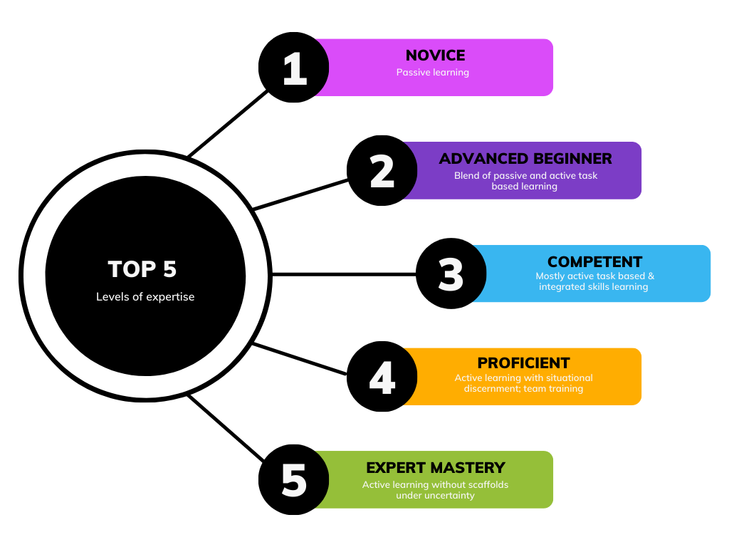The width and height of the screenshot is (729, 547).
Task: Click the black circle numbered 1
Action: click(294, 68)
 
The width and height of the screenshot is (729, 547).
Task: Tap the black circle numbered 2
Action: click(382, 171)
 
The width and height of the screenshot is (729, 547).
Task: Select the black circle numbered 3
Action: click(451, 273)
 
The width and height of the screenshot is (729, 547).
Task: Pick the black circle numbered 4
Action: click(382, 376)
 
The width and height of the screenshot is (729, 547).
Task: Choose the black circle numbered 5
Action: click(294, 479)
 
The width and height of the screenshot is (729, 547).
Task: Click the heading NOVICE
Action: click(435, 56)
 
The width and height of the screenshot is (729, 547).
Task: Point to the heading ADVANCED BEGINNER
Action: click(525, 159)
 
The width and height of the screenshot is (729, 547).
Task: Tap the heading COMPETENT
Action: click(594, 262)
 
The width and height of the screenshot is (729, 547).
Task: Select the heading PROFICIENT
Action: click(523, 363)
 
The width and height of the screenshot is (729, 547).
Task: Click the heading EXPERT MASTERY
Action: click(436, 467)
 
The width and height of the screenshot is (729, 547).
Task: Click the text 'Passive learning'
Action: click(432, 73)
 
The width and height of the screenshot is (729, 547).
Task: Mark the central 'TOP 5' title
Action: click(142, 269)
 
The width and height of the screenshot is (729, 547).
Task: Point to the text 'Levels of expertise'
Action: click(145, 297)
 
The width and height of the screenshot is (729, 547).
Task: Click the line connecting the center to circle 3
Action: click(344, 274)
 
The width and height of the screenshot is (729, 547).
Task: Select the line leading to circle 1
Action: click(228, 124)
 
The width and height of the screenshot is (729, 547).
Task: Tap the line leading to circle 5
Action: click(226, 428)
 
